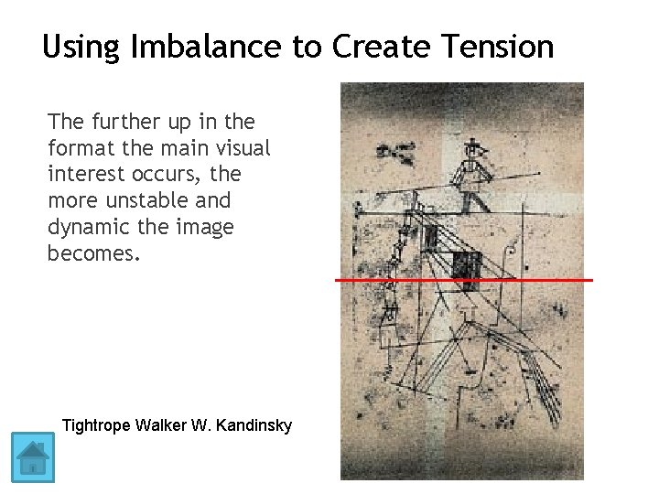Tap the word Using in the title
[81, 46]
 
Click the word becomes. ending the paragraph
[94, 252]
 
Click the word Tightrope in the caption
[95, 425]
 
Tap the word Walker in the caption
[161, 425]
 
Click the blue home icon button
[33, 456]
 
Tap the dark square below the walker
[466, 265]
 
